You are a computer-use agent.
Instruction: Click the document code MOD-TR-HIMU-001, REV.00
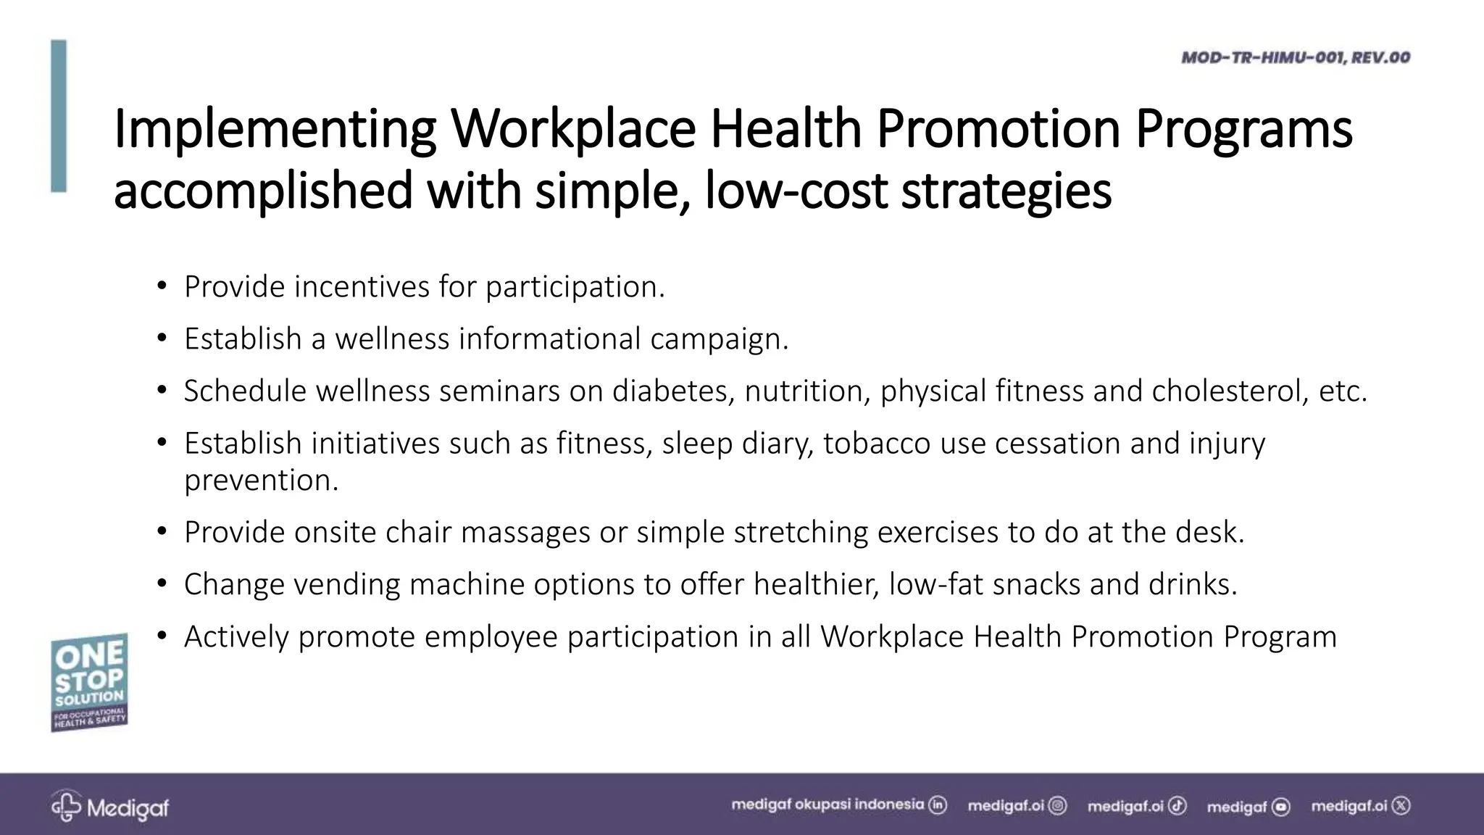1295,57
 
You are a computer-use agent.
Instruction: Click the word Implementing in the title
275,129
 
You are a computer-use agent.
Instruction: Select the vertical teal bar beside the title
59,116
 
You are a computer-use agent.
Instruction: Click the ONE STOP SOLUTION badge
89,682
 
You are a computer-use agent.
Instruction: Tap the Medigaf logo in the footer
109,807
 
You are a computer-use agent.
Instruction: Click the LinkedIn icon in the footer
938,805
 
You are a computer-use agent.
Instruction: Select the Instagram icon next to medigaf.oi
1058,805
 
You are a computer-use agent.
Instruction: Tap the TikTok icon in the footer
1177,805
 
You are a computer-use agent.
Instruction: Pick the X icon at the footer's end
1402,805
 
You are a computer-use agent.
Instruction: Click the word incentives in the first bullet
361,287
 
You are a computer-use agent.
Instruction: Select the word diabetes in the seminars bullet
673,391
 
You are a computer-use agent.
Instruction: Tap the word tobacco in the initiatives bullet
876,444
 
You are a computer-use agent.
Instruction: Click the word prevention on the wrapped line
261,481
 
